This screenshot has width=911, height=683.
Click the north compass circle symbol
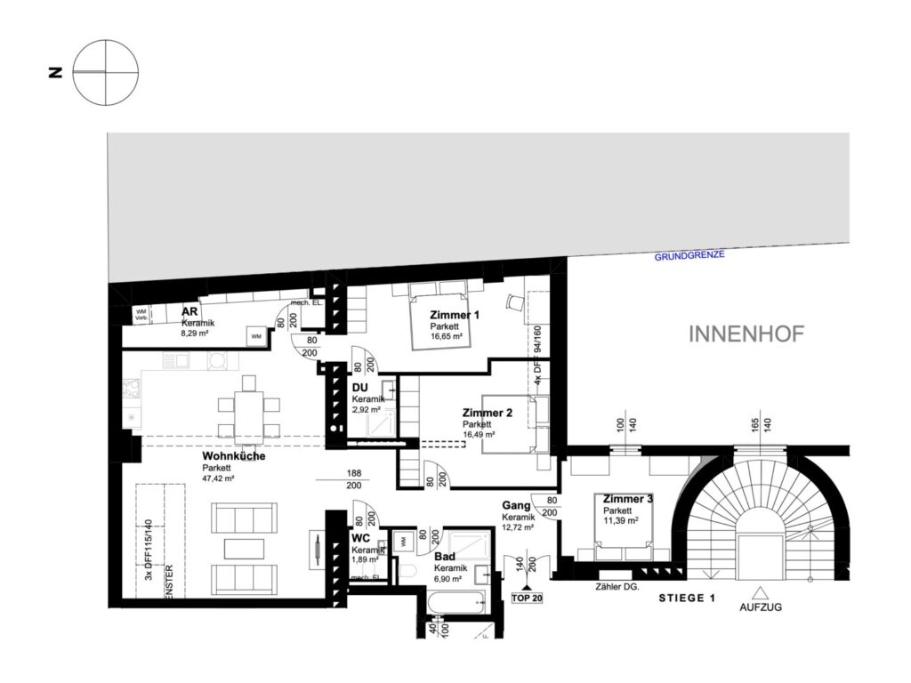tap(106, 72)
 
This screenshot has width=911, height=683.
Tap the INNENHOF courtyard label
tap(747, 334)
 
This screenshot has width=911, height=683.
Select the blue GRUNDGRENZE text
tap(689, 255)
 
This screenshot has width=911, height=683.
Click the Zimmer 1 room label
tap(454, 316)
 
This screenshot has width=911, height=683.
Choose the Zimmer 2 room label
tap(487, 414)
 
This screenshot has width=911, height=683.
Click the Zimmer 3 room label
tap(628, 500)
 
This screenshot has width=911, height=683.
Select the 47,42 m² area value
tap(218, 478)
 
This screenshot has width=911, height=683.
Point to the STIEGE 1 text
tap(686, 599)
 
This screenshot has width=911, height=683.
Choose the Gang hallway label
tap(515, 505)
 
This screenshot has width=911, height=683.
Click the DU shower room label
tap(359, 389)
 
